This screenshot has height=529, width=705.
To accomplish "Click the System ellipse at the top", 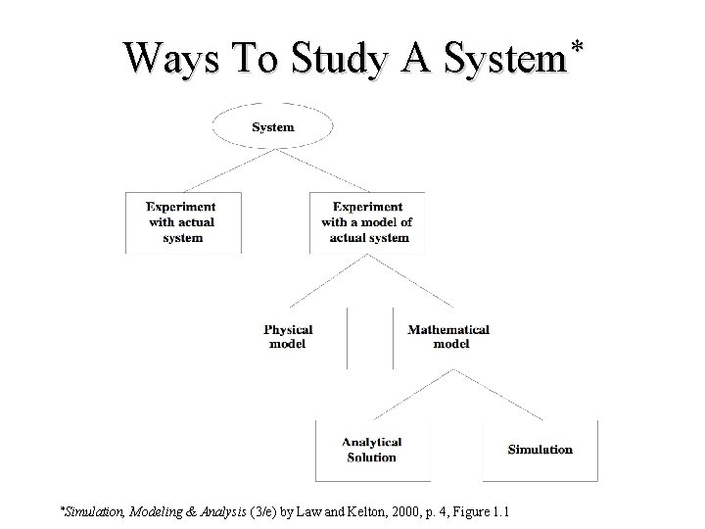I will coord(273,127).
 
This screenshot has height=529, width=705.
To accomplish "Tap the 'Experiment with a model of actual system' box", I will coord(367,222).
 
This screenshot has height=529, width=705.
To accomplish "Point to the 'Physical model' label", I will coord(288,337).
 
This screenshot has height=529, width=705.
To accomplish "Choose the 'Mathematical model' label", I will coord(449,337).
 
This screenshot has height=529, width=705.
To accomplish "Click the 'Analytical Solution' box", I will coord(372,450).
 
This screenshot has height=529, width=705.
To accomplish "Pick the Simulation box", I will coord(540,450).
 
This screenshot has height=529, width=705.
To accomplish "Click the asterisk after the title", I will coord(579,46).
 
